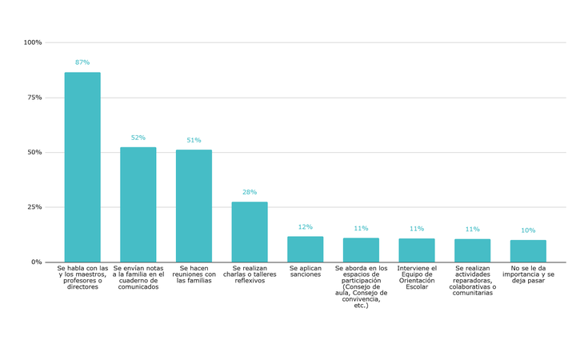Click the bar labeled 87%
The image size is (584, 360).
click(x=82, y=167)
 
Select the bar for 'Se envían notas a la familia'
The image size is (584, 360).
click(x=138, y=205)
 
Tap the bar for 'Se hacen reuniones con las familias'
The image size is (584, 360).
click(x=194, y=206)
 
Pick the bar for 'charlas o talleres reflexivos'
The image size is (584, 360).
click(x=250, y=232)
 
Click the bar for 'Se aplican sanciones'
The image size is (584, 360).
click(x=306, y=249)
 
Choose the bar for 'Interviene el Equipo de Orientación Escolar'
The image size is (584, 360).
click(x=417, y=250)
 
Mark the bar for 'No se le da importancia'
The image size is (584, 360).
click(x=528, y=250)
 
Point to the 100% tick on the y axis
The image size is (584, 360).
click(x=33, y=42)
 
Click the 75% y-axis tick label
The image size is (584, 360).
click(x=34, y=98)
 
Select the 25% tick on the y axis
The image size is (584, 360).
click(x=34, y=207)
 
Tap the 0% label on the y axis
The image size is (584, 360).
click(x=37, y=262)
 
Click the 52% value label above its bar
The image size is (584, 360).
click(x=138, y=138)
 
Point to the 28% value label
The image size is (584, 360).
click(x=250, y=192)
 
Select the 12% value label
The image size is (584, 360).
click(x=306, y=227)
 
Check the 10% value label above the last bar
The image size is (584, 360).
click(x=528, y=230)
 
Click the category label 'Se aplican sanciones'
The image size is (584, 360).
click(x=306, y=271)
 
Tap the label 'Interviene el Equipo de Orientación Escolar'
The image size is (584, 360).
click(x=417, y=278)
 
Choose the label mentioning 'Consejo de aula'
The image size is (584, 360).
click(x=361, y=286)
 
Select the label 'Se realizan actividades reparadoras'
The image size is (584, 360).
click(x=472, y=281)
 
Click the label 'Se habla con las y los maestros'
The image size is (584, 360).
click(x=82, y=278)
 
